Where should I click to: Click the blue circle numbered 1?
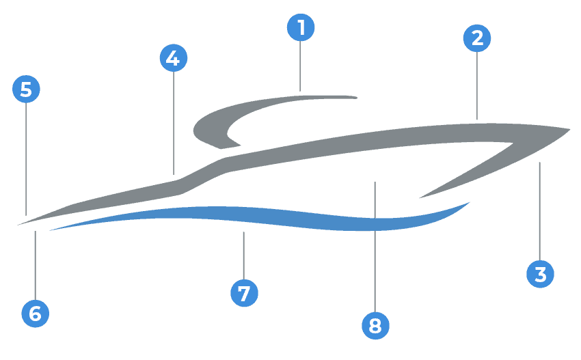pyautogui.click(x=301, y=28)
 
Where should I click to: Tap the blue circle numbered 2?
pyautogui.click(x=477, y=38)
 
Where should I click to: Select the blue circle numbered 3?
pyautogui.click(x=540, y=274)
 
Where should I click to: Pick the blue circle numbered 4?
pyautogui.click(x=173, y=58)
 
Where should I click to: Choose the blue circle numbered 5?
pyautogui.click(x=26, y=89)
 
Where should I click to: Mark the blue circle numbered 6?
pyautogui.click(x=35, y=314)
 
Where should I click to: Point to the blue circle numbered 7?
pyautogui.click(x=244, y=293)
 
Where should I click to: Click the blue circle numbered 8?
pyautogui.click(x=375, y=325)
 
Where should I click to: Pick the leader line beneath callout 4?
pyautogui.click(x=174, y=123)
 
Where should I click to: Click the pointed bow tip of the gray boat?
pyautogui.click(x=568, y=129)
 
